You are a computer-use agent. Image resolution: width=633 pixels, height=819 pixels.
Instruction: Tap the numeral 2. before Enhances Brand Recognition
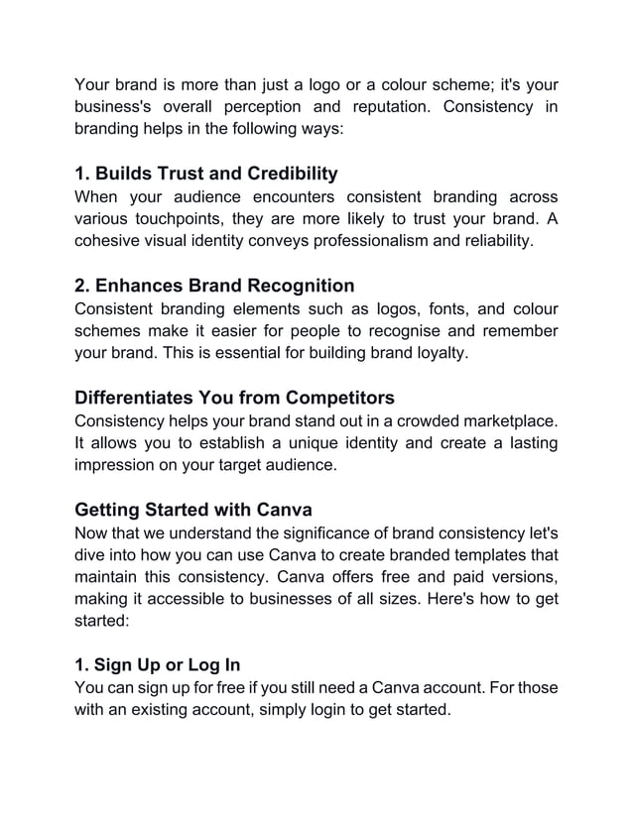(x=84, y=288)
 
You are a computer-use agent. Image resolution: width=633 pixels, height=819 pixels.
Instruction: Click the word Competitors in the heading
(x=335, y=399)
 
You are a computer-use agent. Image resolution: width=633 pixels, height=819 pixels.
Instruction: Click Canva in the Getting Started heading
(x=284, y=510)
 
